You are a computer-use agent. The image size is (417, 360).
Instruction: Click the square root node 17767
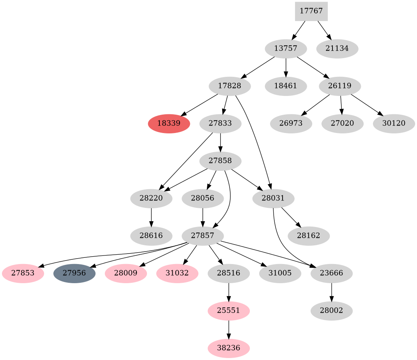coord(311,11)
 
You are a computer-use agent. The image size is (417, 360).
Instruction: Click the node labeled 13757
coord(286,49)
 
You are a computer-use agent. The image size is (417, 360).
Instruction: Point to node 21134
coord(337,49)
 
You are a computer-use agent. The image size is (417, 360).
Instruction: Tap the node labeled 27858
coord(220,161)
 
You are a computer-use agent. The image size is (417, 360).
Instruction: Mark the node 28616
coord(151,236)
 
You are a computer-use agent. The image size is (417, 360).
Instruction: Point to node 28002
coord(331,311)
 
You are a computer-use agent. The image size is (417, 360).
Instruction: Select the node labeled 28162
coord(309,236)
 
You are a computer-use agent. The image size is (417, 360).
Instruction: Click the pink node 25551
coord(228,311)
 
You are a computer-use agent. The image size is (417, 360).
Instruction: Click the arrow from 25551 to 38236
coord(228,329)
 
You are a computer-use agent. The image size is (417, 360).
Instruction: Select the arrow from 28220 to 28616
coord(151,217)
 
